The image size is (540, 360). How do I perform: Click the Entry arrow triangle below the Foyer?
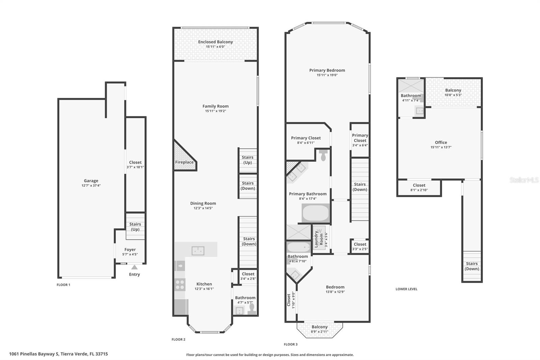(134, 267)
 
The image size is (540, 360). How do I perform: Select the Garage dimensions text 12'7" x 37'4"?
(91, 185)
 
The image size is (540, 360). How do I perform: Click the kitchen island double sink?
(198, 251)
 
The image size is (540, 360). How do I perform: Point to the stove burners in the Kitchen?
(180, 285)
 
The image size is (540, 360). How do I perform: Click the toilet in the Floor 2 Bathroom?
(252, 309)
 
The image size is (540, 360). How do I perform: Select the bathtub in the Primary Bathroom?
(315, 213)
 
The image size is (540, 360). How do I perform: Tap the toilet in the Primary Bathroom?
(323, 155)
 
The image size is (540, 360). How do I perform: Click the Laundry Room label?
(319, 239)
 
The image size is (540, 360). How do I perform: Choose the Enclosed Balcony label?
(215, 42)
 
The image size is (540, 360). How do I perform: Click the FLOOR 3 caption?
(291, 344)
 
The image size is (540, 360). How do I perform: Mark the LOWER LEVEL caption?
(406, 289)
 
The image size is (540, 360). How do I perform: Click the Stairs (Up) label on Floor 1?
(135, 227)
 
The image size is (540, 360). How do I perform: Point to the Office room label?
(441, 143)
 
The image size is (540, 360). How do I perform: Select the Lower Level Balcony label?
(453, 90)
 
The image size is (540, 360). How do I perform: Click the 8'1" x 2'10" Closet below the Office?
(419, 187)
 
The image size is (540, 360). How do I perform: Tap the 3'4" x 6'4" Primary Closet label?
(360, 138)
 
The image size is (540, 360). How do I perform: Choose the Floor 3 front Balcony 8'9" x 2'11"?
(319, 329)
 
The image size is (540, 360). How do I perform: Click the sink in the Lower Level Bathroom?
(420, 110)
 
